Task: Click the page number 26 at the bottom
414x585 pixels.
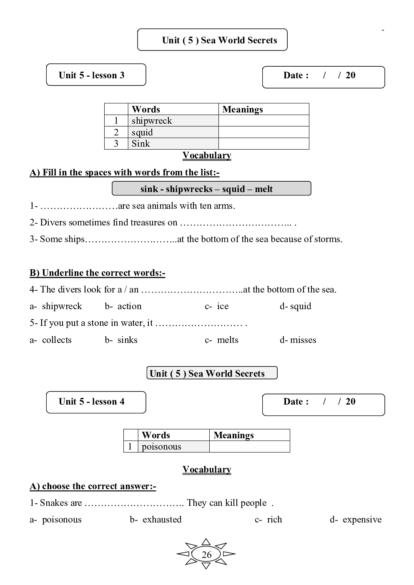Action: pos(206,555)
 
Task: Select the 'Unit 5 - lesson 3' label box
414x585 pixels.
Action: pos(95,75)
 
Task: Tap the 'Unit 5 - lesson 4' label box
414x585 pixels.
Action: pos(95,402)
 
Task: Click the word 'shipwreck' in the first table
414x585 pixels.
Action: pos(152,121)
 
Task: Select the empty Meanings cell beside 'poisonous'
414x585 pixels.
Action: pos(249,447)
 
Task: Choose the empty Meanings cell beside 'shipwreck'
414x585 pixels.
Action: pos(263,121)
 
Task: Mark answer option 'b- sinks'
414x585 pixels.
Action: pos(121,340)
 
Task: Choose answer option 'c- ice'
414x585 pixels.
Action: pos(217,306)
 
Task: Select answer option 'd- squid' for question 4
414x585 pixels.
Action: pos(296,306)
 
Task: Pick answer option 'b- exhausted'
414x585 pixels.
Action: pos(156,520)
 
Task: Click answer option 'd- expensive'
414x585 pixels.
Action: pos(356,520)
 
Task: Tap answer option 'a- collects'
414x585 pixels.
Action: pos(51,340)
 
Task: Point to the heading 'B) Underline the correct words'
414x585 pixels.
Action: pos(98,273)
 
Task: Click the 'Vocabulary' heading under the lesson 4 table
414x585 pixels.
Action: pos(207,470)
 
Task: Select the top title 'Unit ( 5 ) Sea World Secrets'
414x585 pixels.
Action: pos(219,40)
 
